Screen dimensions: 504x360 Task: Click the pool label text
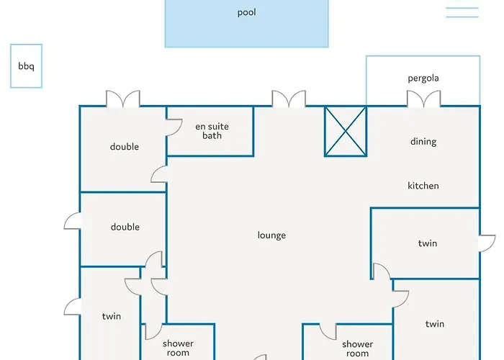(x=246, y=12)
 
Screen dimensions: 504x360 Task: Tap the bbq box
(x=26, y=66)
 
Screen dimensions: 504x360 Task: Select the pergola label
(x=423, y=78)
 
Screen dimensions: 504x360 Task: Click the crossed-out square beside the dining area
(x=346, y=131)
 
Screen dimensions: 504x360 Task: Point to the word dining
(x=423, y=141)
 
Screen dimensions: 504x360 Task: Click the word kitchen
(x=423, y=186)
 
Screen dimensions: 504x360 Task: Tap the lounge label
(x=271, y=235)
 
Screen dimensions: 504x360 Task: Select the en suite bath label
(x=212, y=131)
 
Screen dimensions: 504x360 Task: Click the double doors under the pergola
(x=423, y=99)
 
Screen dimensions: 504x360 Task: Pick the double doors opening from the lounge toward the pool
(x=289, y=99)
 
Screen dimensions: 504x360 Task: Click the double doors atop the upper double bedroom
(x=123, y=99)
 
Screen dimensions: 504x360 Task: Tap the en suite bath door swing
(x=174, y=127)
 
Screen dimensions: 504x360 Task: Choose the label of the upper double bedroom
(x=125, y=147)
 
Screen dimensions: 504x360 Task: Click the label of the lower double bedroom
(x=125, y=228)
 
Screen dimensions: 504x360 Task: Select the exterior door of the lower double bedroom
(x=72, y=221)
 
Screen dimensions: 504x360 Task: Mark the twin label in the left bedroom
(x=112, y=316)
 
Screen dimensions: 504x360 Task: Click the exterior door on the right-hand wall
(x=487, y=243)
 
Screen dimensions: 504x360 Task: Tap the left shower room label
(x=178, y=348)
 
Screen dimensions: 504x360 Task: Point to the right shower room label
(x=357, y=348)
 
